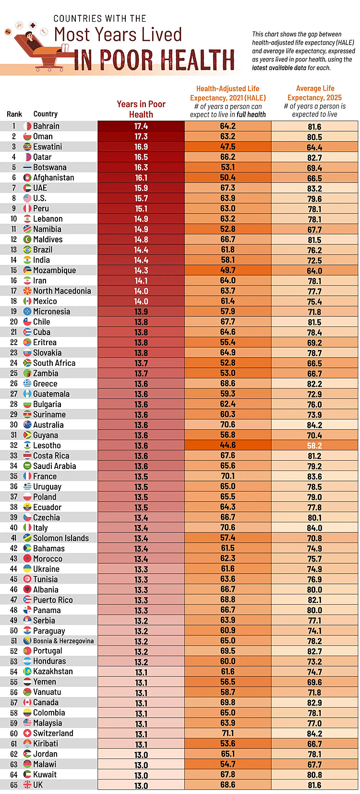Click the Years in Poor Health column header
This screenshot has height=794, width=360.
click(x=141, y=109)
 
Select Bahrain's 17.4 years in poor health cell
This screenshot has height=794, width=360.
click(x=141, y=126)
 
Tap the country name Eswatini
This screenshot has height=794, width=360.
click(x=47, y=147)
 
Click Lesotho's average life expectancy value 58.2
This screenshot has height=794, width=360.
click(x=314, y=445)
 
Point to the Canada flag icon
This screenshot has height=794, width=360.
click(x=27, y=703)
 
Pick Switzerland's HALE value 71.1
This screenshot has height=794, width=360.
click(x=228, y=734)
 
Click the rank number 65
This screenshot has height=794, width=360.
click(x=14, y=785)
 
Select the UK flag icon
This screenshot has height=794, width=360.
click(x=27, y=785)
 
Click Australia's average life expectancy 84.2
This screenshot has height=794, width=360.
click(x=314, y=425)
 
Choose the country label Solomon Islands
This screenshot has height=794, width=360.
click(x=61, y=538)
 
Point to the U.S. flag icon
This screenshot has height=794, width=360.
click(x=27, y=198)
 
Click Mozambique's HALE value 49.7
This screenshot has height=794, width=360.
click(x=228, y=270)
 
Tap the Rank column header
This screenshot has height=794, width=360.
click(x=14, y=114)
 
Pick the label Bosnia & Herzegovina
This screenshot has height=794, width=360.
click(x=63, y=641)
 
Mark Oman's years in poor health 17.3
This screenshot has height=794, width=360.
click(x=141, y=137)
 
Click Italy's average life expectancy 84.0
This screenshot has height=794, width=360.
click(x=314, y=528)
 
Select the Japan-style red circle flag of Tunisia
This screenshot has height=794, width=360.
click(x=27, y=579)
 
